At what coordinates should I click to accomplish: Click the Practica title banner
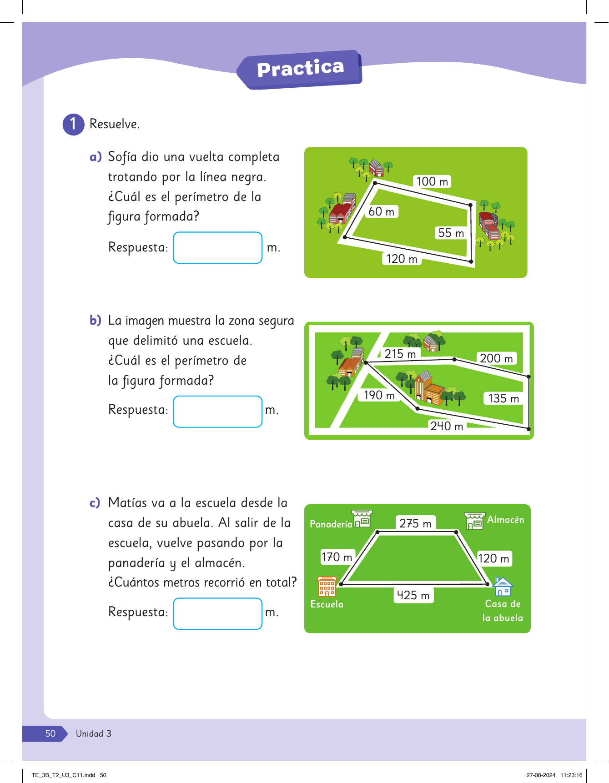(x=300, y=70)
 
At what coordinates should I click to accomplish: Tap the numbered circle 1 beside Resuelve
(x=73, y=124)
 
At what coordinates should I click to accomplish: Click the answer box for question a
(x=218, y=248)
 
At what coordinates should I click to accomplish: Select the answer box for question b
(x=218, y=412)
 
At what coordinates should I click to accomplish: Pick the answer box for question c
(x=218, y=614)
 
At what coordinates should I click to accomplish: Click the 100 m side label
(x=432, y=181)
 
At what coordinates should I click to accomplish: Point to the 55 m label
(x=451, y=233)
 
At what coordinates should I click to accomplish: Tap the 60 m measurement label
(x=382, y=211)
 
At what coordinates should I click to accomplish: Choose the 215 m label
(x=400, y=354)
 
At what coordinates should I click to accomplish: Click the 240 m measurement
(x=447, y=426)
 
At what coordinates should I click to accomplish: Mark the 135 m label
(x=503, y=398)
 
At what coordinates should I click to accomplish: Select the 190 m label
(x=379, y=395)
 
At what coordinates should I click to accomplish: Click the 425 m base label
(x=413, y=595)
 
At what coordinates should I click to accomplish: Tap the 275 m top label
(x=416, y=523)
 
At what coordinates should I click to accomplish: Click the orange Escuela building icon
(x=327, y=587)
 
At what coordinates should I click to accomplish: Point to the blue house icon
(x=503, y=587)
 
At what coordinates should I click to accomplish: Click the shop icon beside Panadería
(x=362, y=519)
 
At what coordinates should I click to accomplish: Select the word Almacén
(x=506, y=520)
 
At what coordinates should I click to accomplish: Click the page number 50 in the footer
(x=50, y=733)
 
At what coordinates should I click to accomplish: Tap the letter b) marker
(x=96, y=321)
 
